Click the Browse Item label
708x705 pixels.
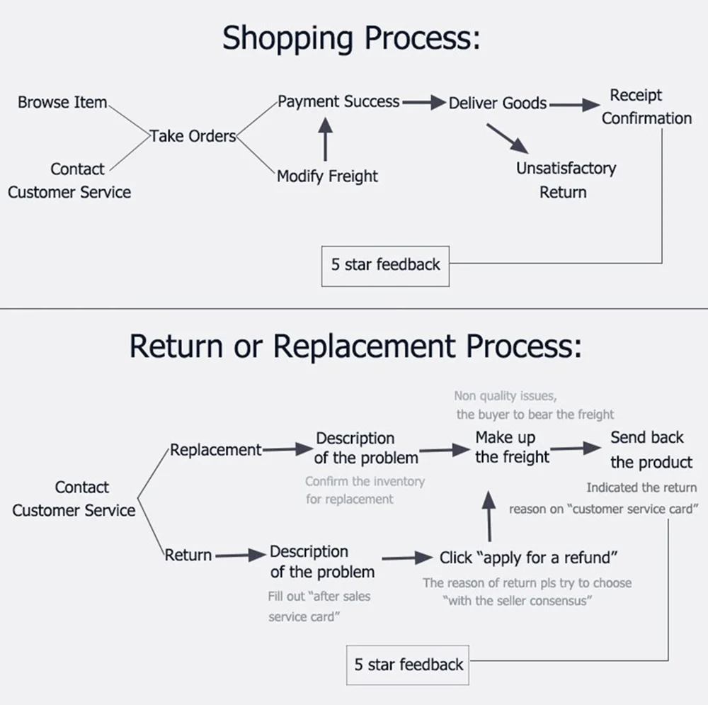pos(62,102)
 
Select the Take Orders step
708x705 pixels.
pos(193,136)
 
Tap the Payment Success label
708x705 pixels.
pos(338,101)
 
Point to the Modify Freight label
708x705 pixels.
pos(327,176)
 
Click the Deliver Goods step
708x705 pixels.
pos(498,103)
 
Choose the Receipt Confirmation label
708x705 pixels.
pos(646,107)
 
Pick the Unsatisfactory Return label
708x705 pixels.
pos(566,180)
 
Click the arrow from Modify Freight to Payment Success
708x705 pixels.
pos(325,139)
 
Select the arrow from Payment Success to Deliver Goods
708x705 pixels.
pos(424,103)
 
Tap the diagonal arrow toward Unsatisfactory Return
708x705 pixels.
pos(507,139)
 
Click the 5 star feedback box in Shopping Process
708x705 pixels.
pos(385,266)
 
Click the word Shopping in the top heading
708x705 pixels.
pos(287,38)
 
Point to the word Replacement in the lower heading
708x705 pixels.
pos(364,346)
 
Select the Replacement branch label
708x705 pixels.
pos(215,450)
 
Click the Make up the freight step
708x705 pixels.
pos(512,447)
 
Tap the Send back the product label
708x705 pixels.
pos(651,450)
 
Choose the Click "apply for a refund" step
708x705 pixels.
pos(528,558)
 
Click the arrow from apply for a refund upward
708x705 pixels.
pos(489,516)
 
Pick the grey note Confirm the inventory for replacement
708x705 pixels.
pos(365,490)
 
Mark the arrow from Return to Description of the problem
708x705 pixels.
pos(241,555)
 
